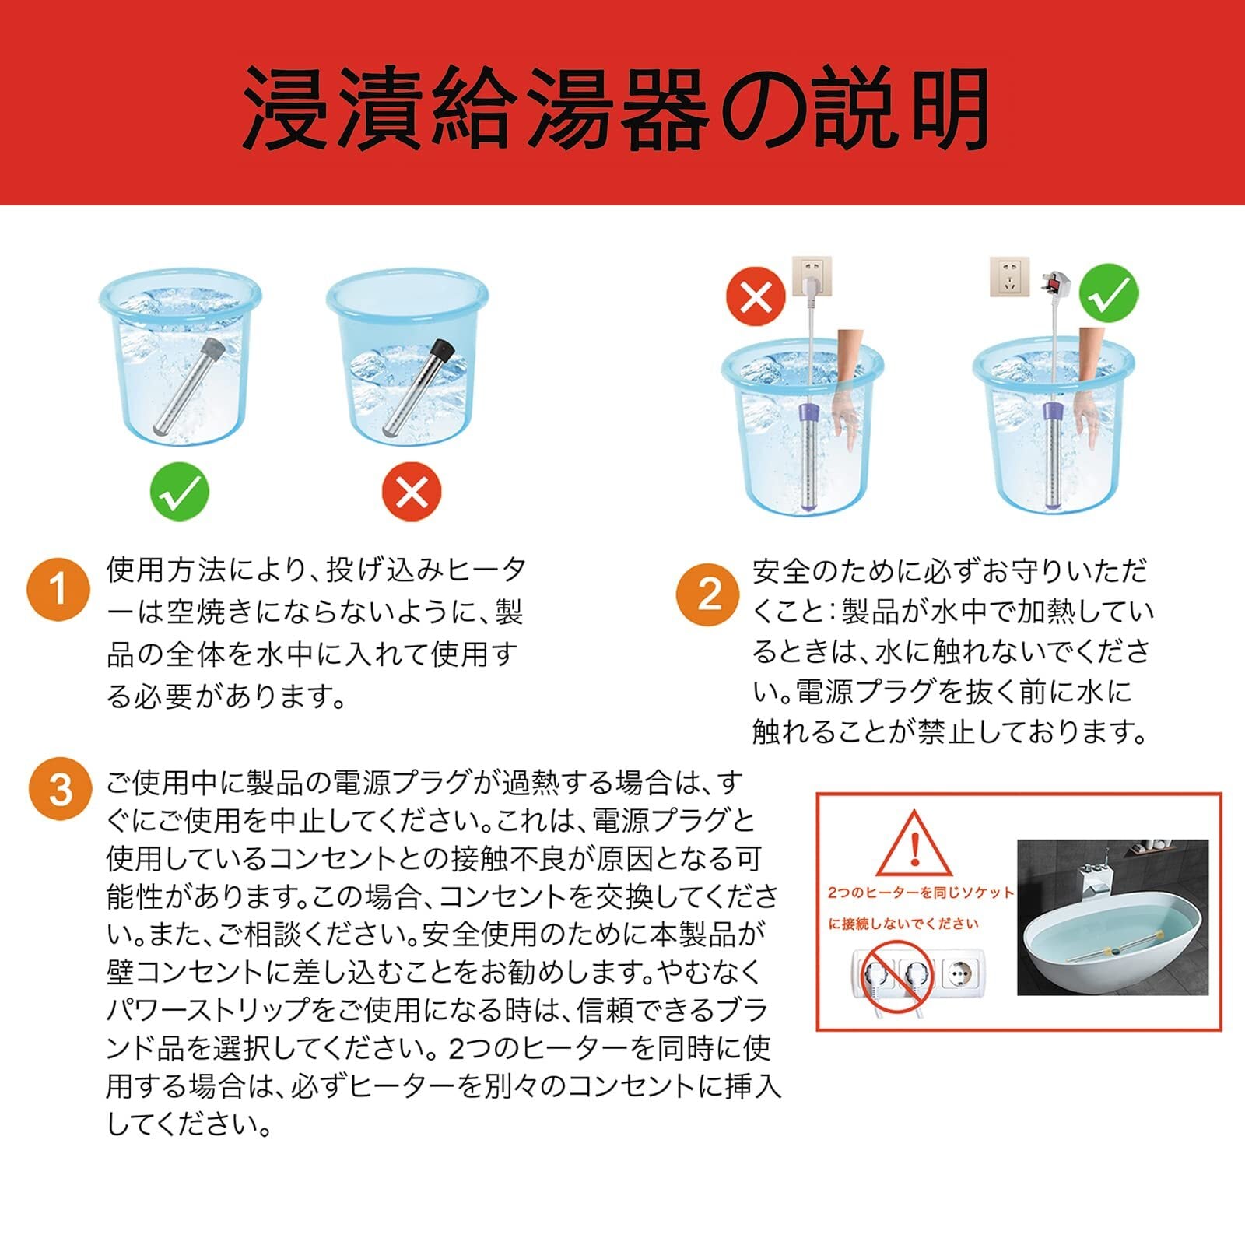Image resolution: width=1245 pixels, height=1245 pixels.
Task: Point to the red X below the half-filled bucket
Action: [x=412, y=492]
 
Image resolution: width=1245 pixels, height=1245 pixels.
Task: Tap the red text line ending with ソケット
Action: [x=921, y=893]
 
